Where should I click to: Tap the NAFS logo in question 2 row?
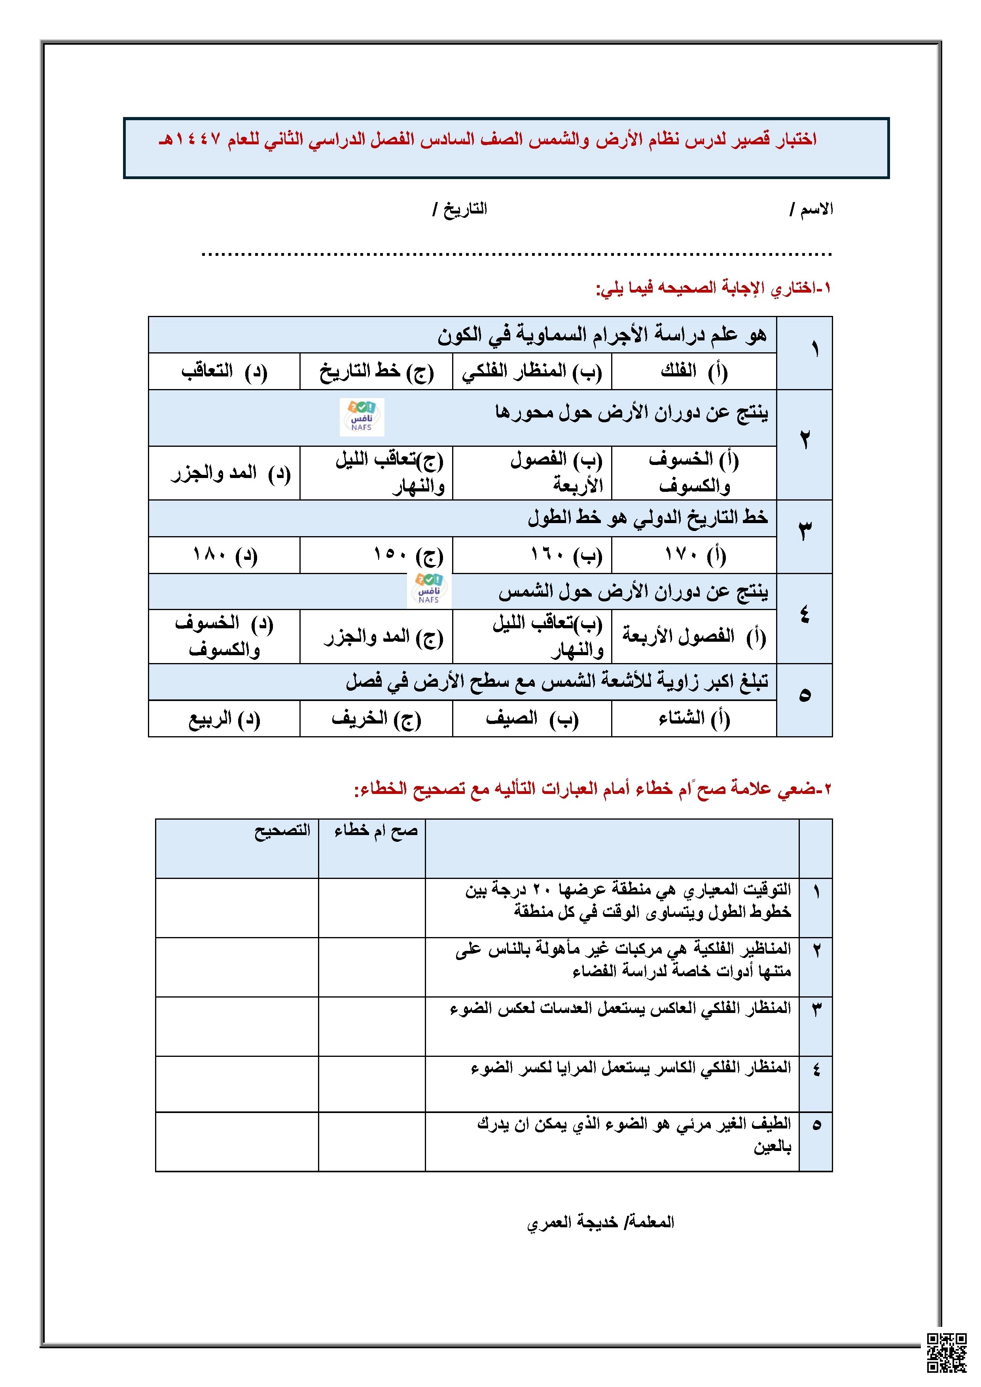(362, 417)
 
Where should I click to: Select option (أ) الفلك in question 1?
(694, 371)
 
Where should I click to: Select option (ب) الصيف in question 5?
(532, 718)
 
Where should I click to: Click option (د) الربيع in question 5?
(224, 718)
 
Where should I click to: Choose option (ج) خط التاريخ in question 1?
(376, 371)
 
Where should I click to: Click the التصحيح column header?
(282, 831)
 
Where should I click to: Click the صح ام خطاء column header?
(376, 831)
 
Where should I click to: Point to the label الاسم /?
(811, 210)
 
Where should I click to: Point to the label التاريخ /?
(459, 210)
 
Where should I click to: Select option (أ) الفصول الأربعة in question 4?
(694, 636)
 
